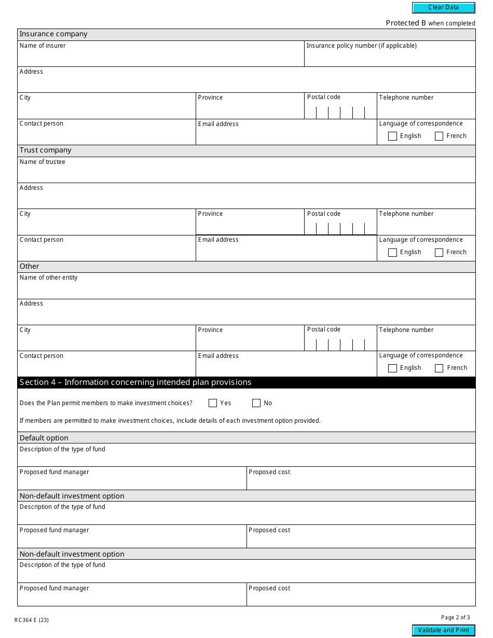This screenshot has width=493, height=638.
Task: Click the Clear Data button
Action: tap(443, 8)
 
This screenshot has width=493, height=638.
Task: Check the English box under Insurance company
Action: tap(393, 136)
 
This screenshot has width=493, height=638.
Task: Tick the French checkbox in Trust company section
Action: tap(439, 253)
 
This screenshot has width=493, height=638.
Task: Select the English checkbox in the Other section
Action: tap(393, 368)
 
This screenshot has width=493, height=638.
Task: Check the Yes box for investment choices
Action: tap(213, 403)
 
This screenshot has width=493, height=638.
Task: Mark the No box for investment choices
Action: tap(256, 403)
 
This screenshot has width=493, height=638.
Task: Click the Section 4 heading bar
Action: tap(246, 382)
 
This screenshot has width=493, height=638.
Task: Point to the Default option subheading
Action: tap(44, 438)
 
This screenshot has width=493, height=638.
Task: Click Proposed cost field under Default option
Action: tap(361, 481)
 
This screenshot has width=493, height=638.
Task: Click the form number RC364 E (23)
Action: tap(32, 620)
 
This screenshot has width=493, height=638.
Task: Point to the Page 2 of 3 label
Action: tap(455, 617)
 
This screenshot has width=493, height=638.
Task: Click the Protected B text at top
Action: tap(430, 23)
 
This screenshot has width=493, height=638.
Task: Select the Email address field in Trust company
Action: tap(286, 251)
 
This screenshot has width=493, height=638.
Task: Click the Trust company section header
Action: tap(46, 150)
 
